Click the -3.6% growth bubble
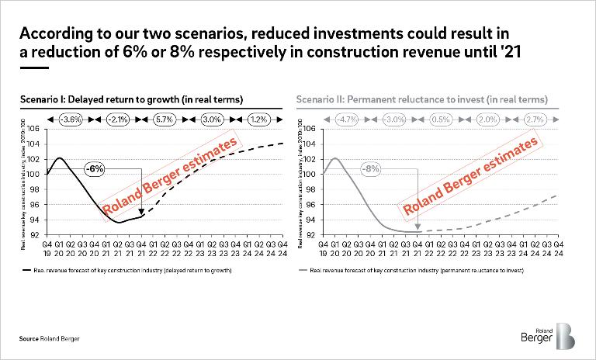(71, 120)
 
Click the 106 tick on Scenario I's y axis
(34, 128)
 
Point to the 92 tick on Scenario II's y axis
(310, 235)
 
